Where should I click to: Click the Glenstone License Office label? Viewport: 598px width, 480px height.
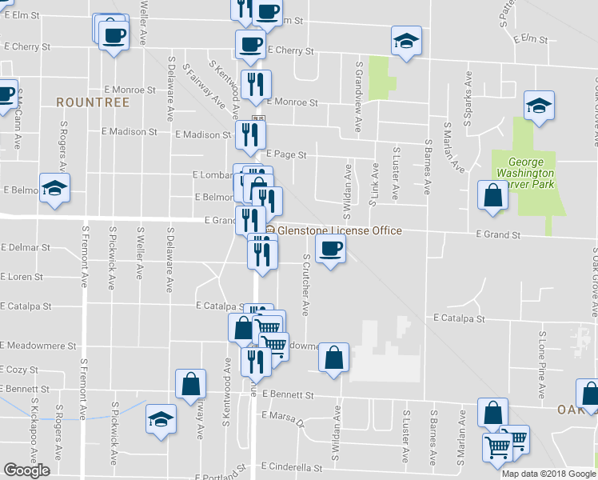click(339, 230)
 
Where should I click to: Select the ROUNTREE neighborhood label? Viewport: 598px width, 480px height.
click(82, 102)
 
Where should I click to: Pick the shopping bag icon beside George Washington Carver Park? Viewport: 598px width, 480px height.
click(492, 195)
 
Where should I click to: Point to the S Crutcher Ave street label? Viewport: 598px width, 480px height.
click(305, 286)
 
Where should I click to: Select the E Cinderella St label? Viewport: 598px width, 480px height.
click(292, 467)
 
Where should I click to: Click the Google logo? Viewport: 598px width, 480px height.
click(26, 470)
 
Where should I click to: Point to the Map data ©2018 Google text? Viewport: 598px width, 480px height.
click(548, 474)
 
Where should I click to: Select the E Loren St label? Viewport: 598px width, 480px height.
click(22, 277)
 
